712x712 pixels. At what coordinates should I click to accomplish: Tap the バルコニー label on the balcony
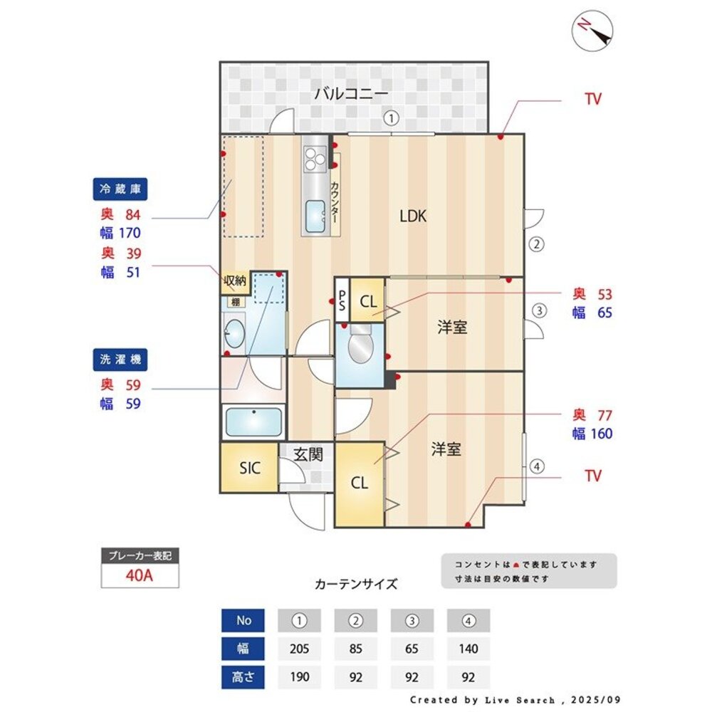(351, 93)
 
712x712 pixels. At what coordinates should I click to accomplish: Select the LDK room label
(413, 216)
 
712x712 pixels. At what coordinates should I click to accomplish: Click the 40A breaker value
(140, 576)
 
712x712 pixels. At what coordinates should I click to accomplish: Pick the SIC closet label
(249, 468)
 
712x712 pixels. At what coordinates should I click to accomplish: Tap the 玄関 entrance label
(308, 454)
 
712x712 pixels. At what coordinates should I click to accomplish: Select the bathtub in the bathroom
(253, 423)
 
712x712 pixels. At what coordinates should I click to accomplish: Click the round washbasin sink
(233, 332)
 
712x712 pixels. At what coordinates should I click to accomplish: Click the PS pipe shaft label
(342, 300)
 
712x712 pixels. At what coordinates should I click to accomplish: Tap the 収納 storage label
(235, 281)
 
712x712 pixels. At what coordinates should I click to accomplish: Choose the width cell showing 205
(299, 649)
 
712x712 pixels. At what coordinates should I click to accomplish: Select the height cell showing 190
(299, 676)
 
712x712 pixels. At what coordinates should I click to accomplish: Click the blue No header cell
(244, 620)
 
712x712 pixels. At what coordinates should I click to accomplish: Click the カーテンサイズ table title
(356, 585)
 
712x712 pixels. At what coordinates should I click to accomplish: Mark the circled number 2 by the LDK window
(537, 244)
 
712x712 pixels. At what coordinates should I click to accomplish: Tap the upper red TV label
(592, 99)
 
